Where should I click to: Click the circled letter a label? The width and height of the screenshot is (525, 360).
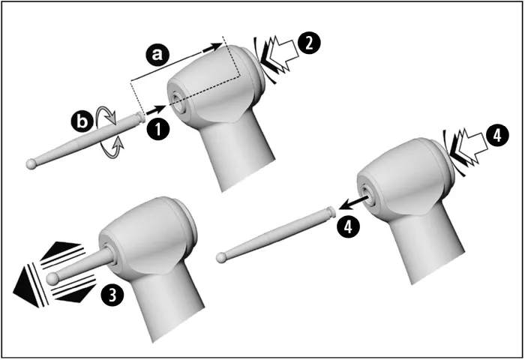(x=157, y=54)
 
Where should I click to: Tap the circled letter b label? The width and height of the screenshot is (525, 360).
(x=82, y=121)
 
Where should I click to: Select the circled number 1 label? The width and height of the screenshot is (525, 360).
(x=158, y=129)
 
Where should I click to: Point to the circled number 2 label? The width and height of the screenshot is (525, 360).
(x=309, y=43)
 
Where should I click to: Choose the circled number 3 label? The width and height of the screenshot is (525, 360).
(x=112, y=295)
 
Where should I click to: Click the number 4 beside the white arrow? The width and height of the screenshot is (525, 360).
(x=497, y=136)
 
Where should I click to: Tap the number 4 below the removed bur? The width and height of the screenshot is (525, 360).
(x=348, y=226)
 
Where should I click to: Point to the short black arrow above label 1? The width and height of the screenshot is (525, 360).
(x=156, y=109)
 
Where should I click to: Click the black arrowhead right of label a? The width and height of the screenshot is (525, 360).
(x=212, y=47)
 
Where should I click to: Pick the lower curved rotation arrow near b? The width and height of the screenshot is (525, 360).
(x=113, y=150)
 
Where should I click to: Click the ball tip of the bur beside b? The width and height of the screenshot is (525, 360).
(x=31, y=164)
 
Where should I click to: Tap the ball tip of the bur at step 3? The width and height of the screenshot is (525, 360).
(x=52, y=278)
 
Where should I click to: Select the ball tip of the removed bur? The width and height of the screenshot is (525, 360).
(x=221, y=258)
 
